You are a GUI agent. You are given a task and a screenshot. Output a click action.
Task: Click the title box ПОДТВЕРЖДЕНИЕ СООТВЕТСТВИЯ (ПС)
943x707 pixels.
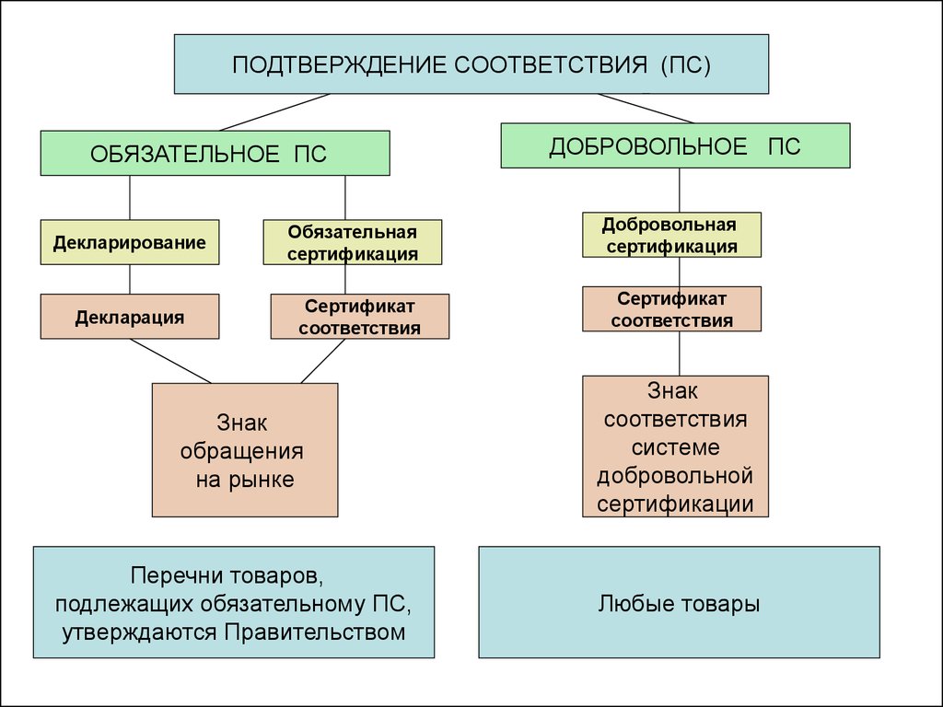point(471,64)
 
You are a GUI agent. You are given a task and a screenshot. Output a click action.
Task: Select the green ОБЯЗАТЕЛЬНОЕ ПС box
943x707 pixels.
point(215,154)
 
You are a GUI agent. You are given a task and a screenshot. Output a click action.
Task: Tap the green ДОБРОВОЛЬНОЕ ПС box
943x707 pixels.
point(675,145)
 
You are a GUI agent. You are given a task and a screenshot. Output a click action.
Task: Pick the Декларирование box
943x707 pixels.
point(129,242)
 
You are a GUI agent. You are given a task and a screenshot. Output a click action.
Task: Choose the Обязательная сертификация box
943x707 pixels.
point(353,242)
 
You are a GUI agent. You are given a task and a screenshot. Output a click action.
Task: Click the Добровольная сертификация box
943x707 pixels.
point(671,235)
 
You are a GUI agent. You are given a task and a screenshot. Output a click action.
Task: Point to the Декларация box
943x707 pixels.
point(129,317)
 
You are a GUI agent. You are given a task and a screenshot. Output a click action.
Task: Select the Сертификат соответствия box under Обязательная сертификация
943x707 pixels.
point(360,317)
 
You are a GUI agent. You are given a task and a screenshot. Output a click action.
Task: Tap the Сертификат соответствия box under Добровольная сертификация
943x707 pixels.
point(671,309)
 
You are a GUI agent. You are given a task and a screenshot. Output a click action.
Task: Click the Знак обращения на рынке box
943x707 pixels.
point(245,450)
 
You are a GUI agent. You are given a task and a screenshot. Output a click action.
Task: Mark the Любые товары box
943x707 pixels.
point(679,602)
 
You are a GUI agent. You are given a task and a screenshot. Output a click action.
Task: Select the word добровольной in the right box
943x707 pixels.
point(675,476)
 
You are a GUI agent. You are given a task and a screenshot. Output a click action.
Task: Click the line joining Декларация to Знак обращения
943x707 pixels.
point(170,361)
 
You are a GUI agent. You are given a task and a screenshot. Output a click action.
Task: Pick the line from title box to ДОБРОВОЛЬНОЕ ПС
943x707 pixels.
point(646,109)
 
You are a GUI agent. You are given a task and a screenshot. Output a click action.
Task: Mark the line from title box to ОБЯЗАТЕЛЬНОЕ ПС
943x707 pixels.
point(274,111)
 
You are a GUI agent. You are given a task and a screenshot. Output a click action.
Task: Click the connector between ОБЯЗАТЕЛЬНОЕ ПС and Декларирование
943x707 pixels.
point(130,198)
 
